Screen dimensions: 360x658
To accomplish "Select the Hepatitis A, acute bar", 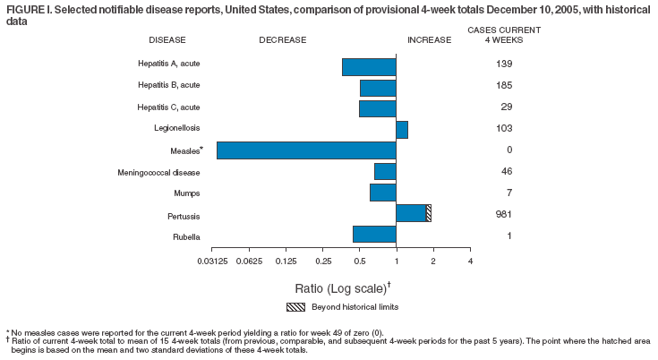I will click(369, 66).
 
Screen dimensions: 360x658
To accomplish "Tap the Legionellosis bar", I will click(402, 130).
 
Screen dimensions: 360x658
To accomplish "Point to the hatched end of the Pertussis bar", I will click(429, 213).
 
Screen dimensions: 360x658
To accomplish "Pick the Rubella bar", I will click(374, 235).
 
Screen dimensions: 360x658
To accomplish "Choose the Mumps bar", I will click(382, 193).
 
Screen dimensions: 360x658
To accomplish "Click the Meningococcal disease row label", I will click(158, 172).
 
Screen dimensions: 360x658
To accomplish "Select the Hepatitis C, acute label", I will click(167, 107).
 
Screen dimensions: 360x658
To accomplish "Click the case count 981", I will click(503, 214).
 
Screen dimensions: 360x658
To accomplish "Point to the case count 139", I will click(503, 64).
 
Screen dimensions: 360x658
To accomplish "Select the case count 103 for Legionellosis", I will click(503, 129).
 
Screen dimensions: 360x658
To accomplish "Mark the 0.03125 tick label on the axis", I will click(211, 261).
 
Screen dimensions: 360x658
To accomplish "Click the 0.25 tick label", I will click(322, 261).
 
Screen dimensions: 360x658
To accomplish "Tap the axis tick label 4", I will click(470, 261).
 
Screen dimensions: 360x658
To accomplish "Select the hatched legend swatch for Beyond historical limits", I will click(296, 307).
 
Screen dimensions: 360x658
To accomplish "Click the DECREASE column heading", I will click(282, 40).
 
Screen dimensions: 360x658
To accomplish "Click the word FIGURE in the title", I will click(24, 8).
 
